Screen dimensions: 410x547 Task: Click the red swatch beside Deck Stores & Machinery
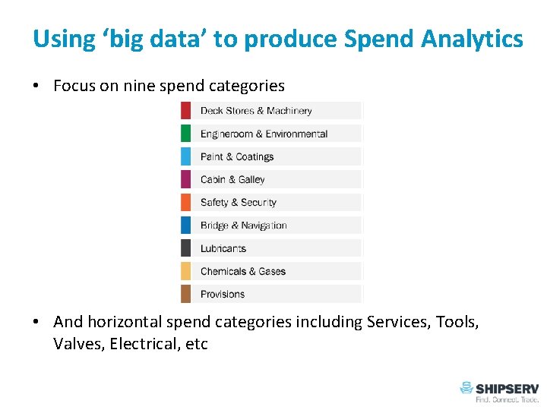(185, 111)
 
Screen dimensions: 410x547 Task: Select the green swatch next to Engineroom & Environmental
(185, 134)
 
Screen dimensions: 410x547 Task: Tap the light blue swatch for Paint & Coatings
(185, 156)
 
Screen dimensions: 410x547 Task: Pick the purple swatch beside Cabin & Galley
(185, 179)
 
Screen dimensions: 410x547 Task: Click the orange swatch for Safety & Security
(185, 203)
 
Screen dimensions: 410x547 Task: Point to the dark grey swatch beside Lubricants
(185, 248)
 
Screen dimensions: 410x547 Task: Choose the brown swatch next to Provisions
(185, 294)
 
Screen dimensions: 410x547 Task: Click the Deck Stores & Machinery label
(256, 111)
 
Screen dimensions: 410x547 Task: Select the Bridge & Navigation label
(243, 225)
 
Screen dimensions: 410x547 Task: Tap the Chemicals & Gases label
(243, 271)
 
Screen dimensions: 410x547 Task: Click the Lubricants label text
(223, 248)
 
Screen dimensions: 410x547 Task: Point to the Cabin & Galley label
(232, 180)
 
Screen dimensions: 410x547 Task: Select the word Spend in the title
(373, 39)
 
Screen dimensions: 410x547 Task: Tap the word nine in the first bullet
(139, 86)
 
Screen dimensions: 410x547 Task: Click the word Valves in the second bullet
(78, 344)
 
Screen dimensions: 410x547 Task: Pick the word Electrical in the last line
(146, 344)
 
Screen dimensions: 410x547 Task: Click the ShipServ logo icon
(466, 388)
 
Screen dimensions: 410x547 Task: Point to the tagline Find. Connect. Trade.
(507, 399)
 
